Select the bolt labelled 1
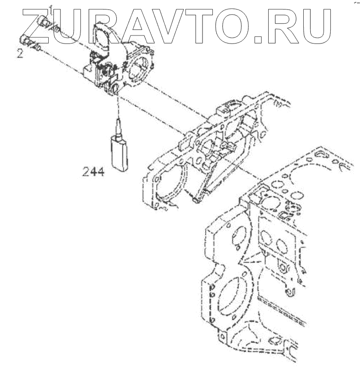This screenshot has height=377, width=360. click(44, 21)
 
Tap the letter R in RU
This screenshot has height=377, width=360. click(284, 23)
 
